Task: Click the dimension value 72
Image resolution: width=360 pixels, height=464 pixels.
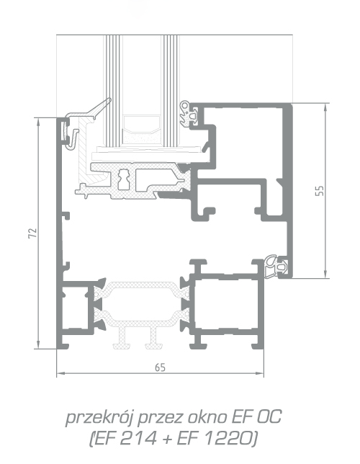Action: pos(33,233)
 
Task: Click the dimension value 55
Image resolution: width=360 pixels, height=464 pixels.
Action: pos(320,190)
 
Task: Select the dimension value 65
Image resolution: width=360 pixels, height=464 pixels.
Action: pos(160,367)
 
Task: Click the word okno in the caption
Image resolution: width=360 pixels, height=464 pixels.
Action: pos(208,417)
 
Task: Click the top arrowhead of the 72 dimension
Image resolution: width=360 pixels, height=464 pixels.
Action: pos(38,121)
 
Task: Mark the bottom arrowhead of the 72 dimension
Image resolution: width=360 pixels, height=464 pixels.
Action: pos(38,345)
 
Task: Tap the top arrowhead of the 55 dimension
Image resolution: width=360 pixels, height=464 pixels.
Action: pos(325,107)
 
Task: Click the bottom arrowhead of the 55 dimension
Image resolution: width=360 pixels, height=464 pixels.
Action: pos(325,275)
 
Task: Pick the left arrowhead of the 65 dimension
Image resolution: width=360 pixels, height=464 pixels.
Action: pos(60,373)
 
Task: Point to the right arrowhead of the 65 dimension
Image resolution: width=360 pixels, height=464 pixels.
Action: pos(260,373)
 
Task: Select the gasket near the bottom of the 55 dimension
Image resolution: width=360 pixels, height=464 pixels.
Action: pos(276,267)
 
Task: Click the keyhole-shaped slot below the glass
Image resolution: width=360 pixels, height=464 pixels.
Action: pos(124,179)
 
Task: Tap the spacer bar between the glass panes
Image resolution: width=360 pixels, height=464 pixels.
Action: pos(141,129)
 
